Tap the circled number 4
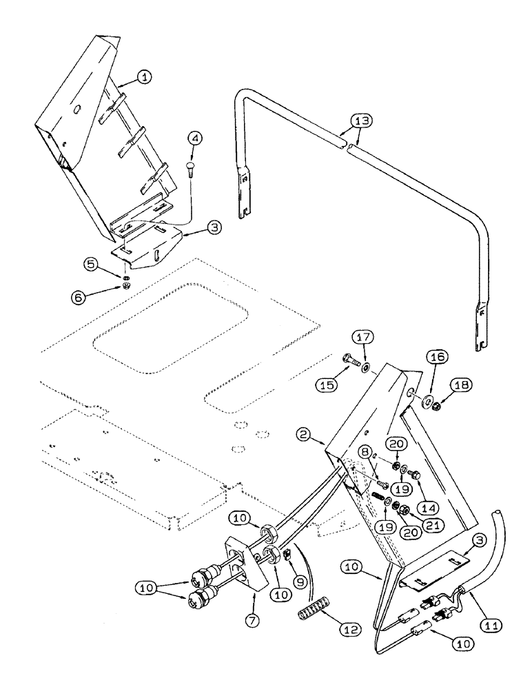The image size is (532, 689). tap(196, 138)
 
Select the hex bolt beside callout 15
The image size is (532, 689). tap(349, 359)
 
